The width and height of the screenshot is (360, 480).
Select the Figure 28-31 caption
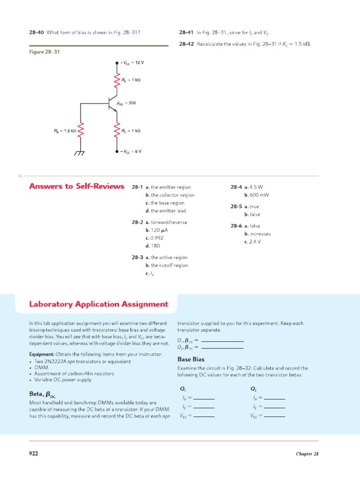pyautogui.click(x=44, y=52)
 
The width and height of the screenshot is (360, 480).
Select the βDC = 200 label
pyautogui.click(x=126, y=103)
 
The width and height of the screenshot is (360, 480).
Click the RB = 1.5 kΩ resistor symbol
pyautogui.click(x=81, y=131)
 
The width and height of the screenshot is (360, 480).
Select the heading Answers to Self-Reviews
pyautogui.click(x=76, y=187)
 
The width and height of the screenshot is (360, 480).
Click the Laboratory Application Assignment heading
pyautogui.click(x=98, y=304)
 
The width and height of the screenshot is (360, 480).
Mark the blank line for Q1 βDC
pyautogui.click(x=222, y=341)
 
